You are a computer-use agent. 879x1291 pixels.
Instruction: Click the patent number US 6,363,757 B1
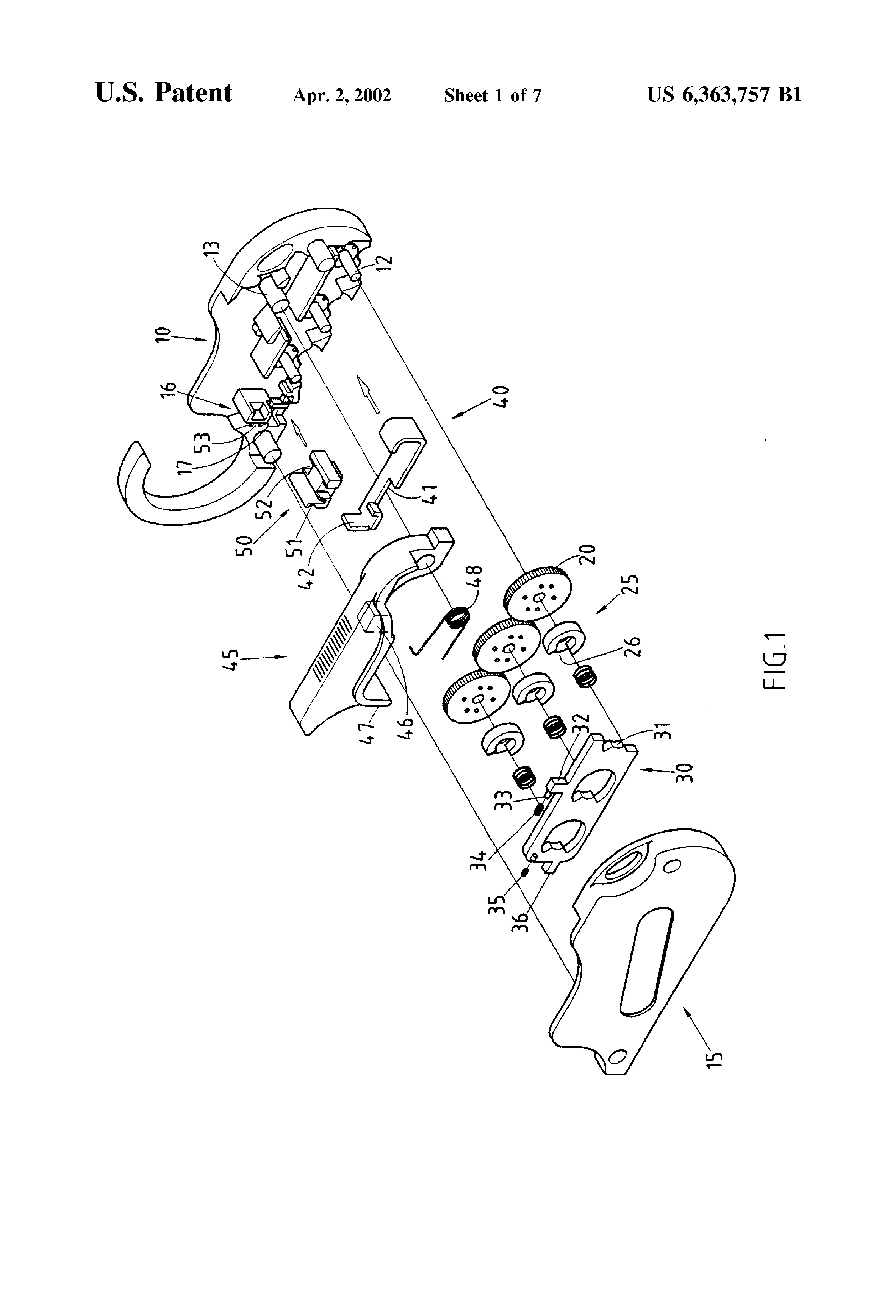724,95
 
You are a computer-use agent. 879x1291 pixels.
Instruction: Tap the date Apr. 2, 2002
342,96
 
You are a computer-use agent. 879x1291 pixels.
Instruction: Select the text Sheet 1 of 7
492,96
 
